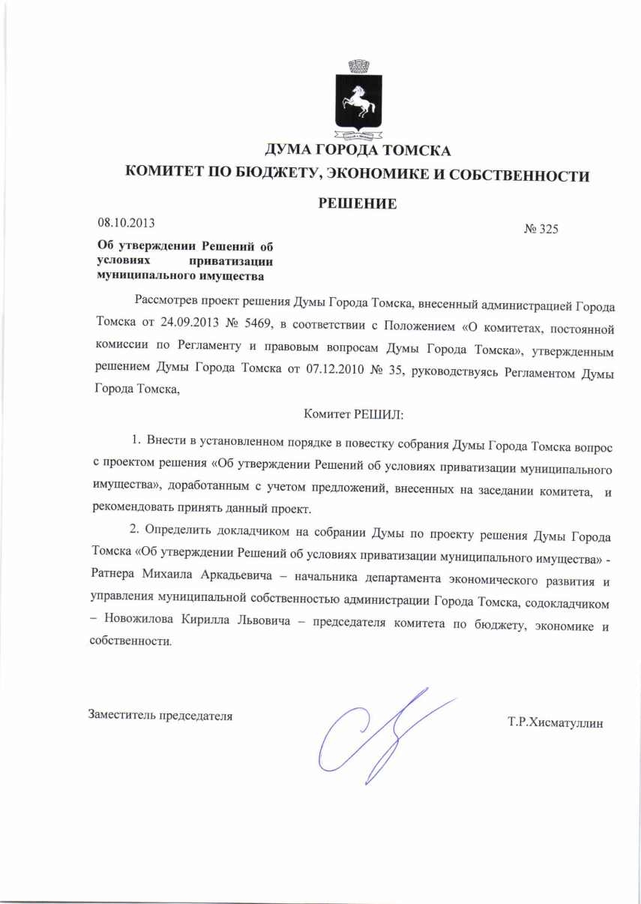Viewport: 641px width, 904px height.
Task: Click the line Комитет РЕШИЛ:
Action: pyautogui.click(x=355, y=413)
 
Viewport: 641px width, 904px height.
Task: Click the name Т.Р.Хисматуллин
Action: pyautogui.click(x=556, y=723)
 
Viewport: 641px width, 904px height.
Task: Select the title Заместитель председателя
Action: pyautogui.click(x=160, y=715)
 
